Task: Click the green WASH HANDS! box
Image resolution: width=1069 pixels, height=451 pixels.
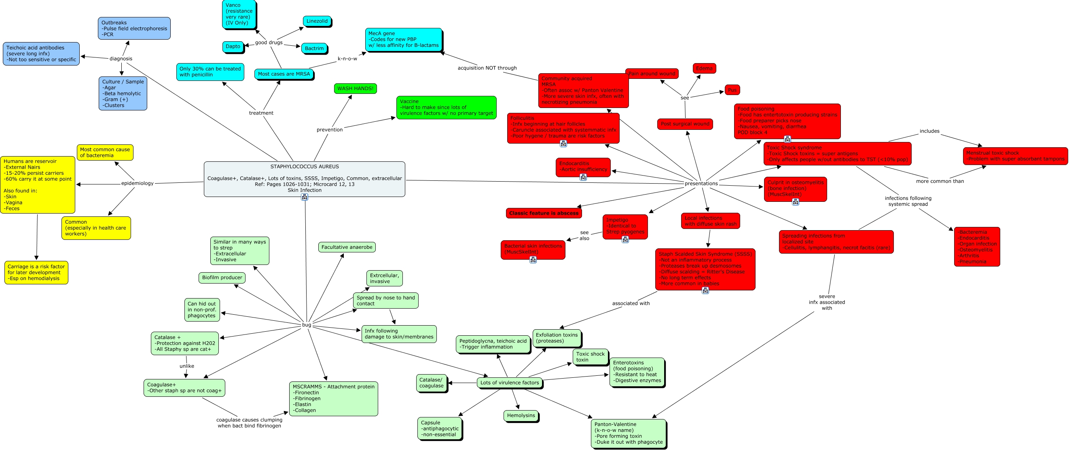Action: coord(355,88)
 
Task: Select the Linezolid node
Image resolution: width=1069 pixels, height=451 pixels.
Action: coord(317,21)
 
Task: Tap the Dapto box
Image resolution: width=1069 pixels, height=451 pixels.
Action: coord(233,47)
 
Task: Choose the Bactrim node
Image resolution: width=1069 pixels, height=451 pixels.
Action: coord(314,49)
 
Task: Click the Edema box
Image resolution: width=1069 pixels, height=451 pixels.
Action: coord(704,68)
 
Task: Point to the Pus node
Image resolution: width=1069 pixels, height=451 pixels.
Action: coord(732,90)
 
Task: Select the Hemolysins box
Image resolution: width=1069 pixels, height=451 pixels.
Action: coord(521,415)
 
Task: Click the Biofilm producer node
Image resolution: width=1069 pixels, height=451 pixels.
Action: coord(222,277)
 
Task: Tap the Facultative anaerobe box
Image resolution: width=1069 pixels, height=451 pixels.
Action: coord(347,247)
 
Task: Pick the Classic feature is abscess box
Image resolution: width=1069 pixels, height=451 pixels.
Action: coord(544,213)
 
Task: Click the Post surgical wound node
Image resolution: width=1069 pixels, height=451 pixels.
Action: coord(685,124)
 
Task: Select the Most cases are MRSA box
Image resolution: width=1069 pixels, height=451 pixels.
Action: coord(284,74)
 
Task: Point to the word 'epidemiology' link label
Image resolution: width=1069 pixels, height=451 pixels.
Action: coord(138,183)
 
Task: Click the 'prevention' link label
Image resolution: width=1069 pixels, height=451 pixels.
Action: coord(330,130)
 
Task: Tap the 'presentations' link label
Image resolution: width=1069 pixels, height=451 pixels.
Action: coord(701,183)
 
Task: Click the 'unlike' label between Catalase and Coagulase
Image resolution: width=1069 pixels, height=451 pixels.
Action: coord(187,366)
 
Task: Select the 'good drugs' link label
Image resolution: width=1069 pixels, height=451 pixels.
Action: coord(269,42)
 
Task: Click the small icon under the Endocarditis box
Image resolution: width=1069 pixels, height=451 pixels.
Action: coord(583,177)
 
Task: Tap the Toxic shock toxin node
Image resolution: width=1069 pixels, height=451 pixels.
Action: coord(590,357)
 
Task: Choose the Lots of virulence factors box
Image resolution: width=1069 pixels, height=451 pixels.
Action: coord(509,383)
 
